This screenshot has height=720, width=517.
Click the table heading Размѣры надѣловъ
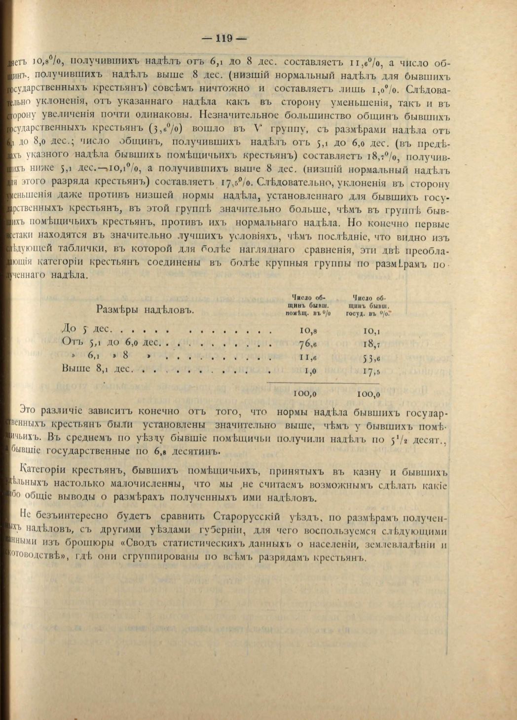pos(144,310)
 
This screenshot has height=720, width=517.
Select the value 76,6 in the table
pos(307,343)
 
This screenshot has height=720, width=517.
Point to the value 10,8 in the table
pos(307,330)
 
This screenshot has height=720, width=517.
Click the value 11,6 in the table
pos(307,358)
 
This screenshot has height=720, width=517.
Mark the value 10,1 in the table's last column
pos(370,330)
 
